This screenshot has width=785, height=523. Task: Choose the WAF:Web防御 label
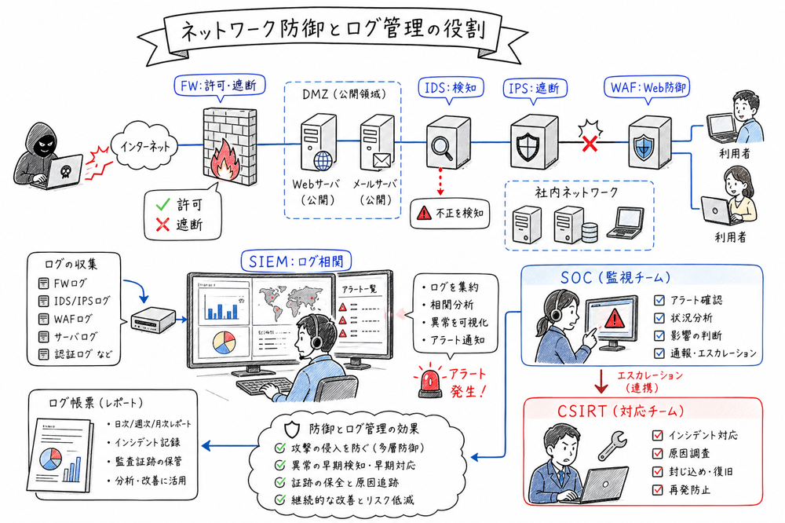648,86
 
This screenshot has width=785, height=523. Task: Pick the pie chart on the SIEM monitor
223,344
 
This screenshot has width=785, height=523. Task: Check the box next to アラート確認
659,300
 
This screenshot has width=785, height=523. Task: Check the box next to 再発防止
659,489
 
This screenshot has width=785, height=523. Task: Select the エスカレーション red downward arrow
600,382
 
